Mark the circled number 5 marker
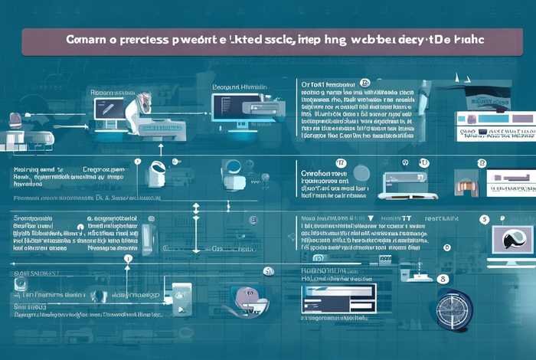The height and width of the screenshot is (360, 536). (484, 219)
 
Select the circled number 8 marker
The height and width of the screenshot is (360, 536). (446, 247)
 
